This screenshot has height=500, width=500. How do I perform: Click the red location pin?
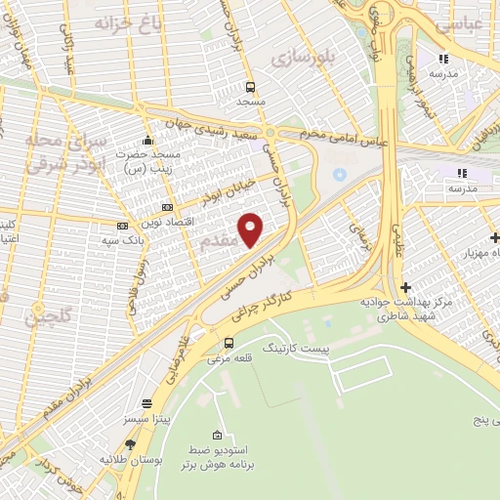(251, 229)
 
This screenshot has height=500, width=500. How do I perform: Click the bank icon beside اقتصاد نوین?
(167, 207)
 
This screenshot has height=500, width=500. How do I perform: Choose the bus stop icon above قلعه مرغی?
(229, 343)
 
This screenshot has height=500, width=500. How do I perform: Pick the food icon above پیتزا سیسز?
(147, 403)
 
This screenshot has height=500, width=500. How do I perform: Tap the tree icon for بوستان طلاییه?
(130, 444)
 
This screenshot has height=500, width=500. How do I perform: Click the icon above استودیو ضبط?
(216, 435)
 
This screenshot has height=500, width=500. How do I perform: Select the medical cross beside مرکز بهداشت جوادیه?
(405, 287)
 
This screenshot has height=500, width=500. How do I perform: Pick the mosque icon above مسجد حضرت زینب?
(146, 140)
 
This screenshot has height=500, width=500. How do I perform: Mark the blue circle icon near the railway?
(340, 174)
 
